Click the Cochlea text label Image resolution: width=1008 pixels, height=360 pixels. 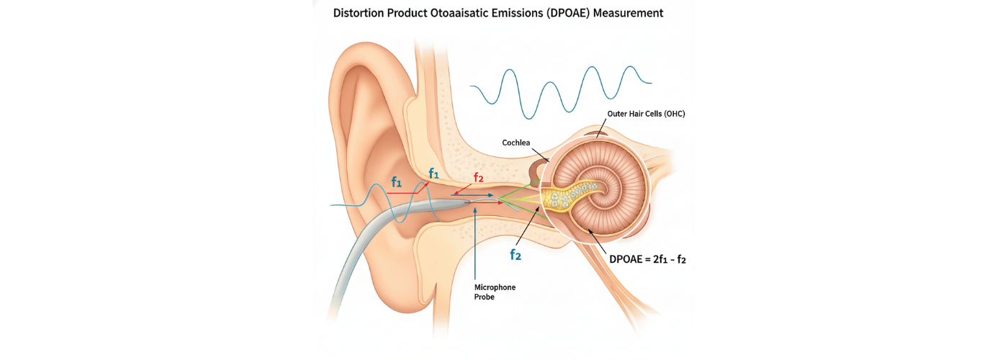point(516,143)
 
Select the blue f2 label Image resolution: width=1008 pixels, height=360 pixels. point(516,254)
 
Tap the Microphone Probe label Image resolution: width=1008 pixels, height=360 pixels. point(495,292)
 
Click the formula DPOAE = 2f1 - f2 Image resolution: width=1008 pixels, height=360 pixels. point(647,259)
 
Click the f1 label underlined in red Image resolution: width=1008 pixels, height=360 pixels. point(397,183)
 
